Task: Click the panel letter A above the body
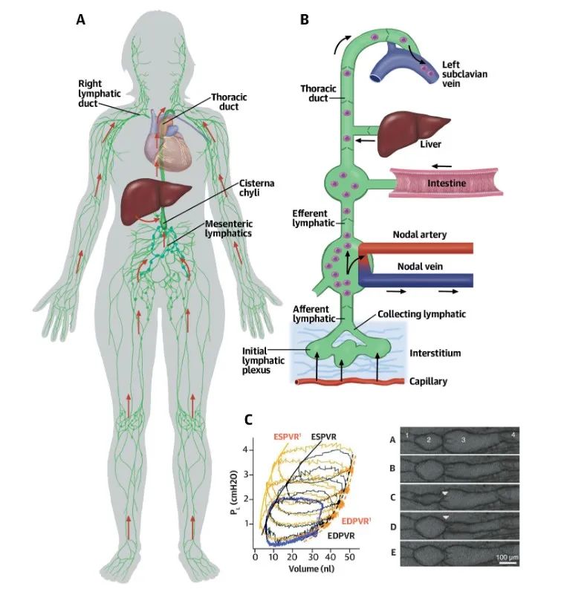tap(81, 20)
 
